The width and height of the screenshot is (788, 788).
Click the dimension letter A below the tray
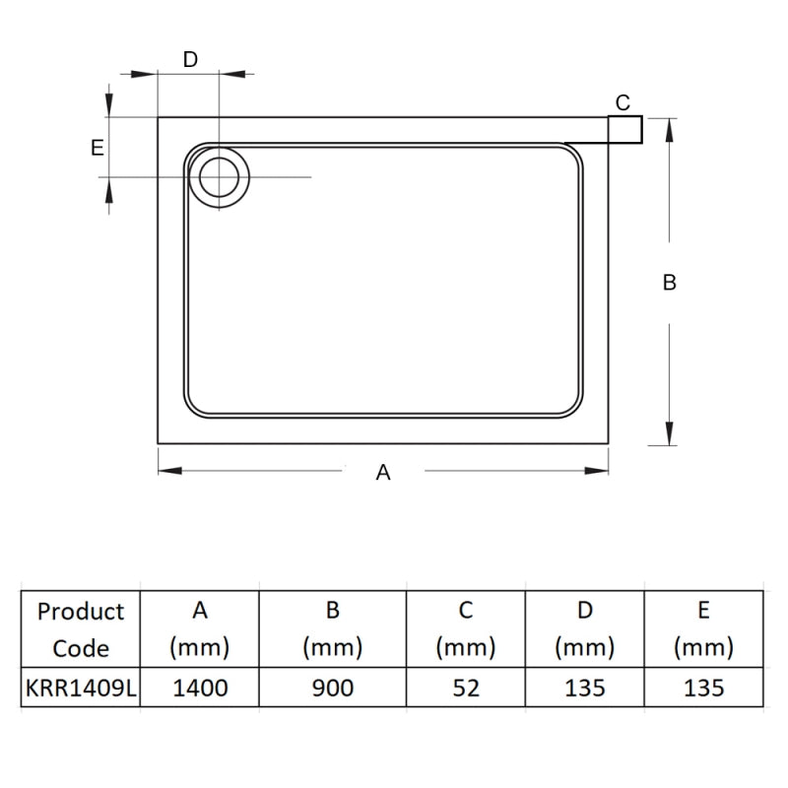383,473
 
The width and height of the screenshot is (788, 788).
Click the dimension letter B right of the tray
669,283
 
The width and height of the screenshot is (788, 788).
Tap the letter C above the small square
623,102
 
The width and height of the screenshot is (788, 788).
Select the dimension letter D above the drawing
191,59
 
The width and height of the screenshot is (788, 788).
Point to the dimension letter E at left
97,148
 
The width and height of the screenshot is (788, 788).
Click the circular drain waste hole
219,177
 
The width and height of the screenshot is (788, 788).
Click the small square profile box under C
625,130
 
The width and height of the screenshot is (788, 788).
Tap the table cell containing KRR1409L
81,688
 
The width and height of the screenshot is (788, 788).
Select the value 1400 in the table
200,688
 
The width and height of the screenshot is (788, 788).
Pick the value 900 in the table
333,688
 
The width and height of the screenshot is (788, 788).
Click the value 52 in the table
466,688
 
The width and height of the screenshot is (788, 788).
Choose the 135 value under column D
585,688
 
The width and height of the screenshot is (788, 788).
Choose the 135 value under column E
703,688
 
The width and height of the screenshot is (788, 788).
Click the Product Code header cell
81,629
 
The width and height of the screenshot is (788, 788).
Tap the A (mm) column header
200,629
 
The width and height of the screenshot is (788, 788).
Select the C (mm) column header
466,629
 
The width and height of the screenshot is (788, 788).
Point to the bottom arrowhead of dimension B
670,435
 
